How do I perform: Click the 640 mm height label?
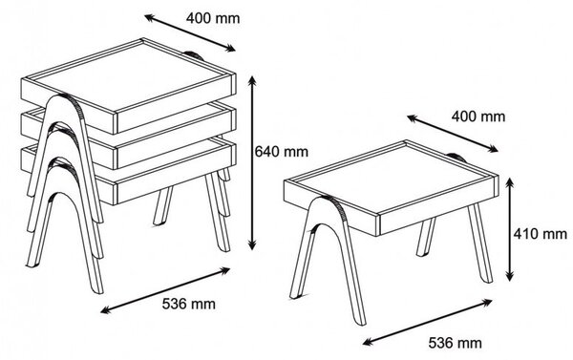click(281, 151)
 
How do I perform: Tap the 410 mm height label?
click(541, 233)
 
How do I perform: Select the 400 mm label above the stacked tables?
click(213, 18)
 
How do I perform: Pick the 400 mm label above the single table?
click(478, 116)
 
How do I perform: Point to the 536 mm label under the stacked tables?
click(189, 304)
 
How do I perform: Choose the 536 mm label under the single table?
click(455, 343)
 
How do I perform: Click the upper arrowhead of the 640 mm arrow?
click(252, 81)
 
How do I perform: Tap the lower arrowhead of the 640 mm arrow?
click(252, 244)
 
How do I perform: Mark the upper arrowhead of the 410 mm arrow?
click(511, 183)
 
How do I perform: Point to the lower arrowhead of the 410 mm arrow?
click(511, 276)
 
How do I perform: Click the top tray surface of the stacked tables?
click(134, 76)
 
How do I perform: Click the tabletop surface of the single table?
click(391, 178)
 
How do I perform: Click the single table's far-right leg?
click(481, 244)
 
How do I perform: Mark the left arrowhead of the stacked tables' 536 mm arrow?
click(105, 310)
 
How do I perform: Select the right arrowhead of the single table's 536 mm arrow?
click(487, 302)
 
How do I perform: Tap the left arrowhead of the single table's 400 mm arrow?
click(413, 118)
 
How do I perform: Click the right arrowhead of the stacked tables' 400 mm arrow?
click(230, 49)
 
